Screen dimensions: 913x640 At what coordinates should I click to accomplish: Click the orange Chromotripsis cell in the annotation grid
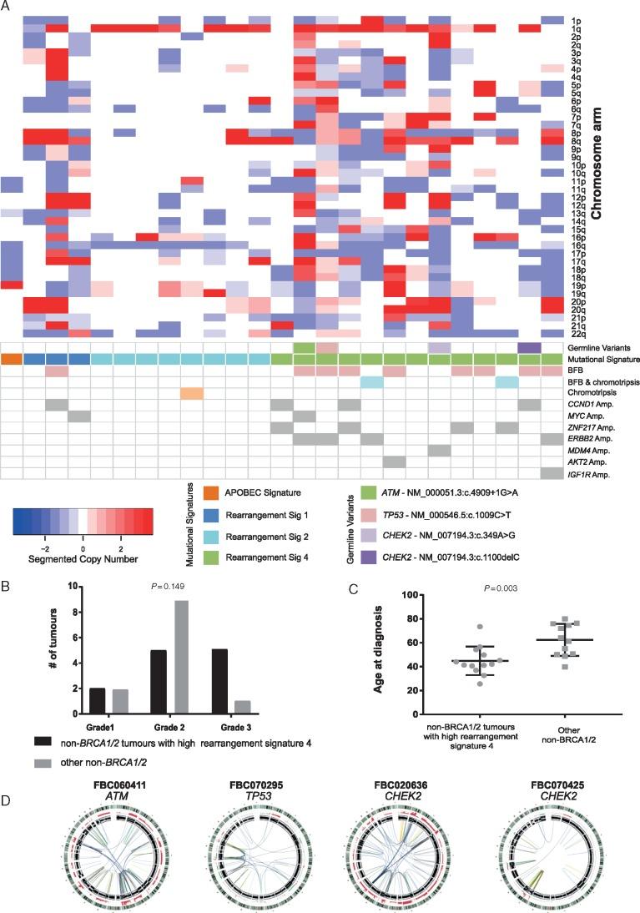[192, 394]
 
